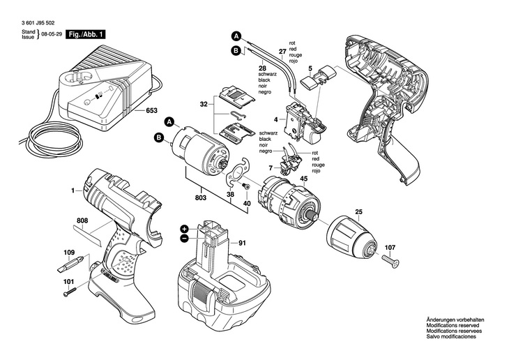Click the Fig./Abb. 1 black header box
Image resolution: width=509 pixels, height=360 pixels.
coord(86,33)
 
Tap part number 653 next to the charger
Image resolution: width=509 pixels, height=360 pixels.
coord(152,110)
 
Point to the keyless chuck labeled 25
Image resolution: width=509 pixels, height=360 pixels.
coord(349,237)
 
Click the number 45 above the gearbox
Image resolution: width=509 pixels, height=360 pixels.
coord(303,179)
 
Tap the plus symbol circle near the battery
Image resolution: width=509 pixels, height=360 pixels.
coord(184,228)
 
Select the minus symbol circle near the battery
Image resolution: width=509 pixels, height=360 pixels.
coord(184,239)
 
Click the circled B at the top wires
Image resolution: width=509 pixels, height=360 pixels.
coord(236,51)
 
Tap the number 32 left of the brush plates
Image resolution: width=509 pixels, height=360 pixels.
coord(203,104)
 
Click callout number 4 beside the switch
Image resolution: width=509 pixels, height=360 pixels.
coord(275,120)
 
